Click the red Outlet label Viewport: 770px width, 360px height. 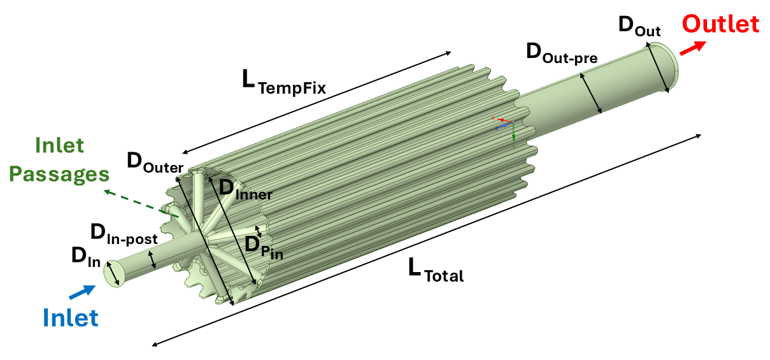720,24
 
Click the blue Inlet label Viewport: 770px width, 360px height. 71,317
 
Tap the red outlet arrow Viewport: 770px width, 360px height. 693,48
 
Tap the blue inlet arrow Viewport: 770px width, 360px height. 82,291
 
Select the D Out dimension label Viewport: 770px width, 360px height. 639,27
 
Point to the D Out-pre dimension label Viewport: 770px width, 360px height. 560,53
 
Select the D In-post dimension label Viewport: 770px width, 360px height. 123,234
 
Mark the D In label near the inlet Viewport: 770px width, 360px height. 85,257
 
